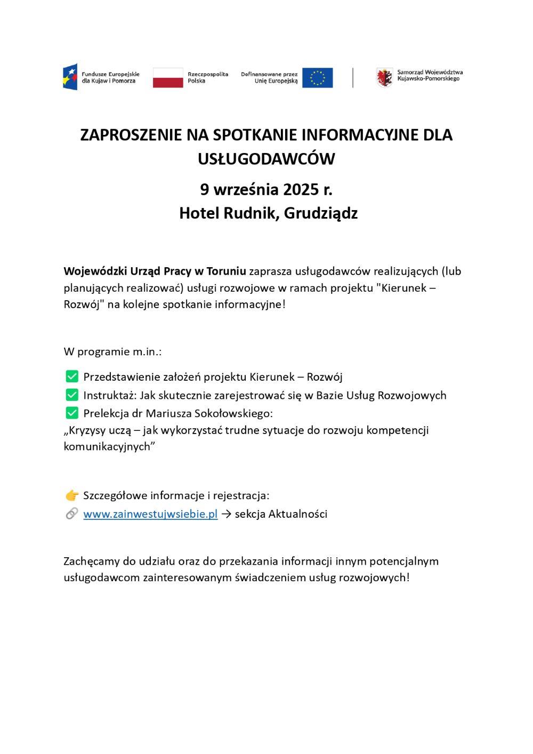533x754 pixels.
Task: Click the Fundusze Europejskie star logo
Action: click(70, 77)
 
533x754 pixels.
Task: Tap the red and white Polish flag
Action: click(168, 77)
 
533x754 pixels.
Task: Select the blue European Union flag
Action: click(317, 77)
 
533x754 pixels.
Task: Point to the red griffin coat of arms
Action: click(384, 77)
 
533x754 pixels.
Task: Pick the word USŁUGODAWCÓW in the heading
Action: click(266, 159)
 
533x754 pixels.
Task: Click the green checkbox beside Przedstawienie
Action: click(71, 376)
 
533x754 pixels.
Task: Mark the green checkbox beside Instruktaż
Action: click(71, 395)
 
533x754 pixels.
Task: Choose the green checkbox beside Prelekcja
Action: click(71, 413)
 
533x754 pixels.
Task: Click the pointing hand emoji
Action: click(71, 496)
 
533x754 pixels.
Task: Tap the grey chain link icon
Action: click(71, 514)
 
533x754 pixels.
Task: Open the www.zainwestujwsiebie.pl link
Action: click(150, 514)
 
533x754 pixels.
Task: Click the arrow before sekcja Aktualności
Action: click(226, 514)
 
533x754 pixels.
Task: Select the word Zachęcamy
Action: click(92, 562)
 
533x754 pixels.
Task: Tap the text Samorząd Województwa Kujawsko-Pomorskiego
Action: click(430, 75)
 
